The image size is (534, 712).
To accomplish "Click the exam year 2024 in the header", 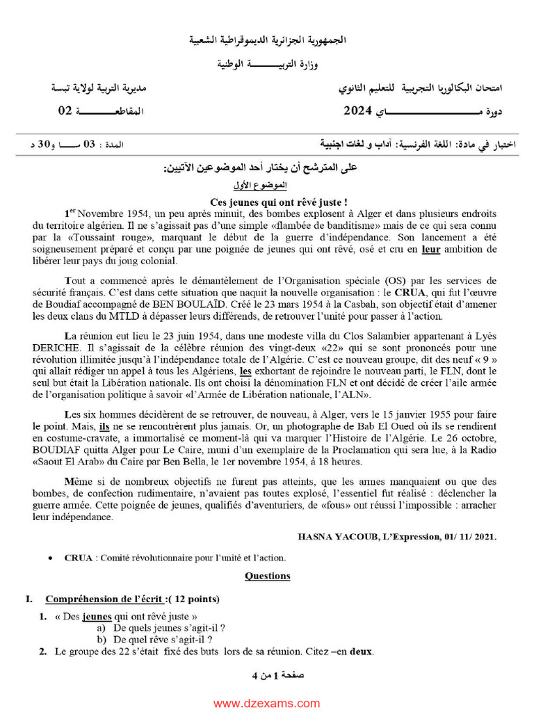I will [x=359, y=111].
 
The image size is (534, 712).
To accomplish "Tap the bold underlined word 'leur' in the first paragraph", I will [x=432, y=248].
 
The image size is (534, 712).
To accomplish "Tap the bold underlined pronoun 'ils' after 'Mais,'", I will [x=105, y=426].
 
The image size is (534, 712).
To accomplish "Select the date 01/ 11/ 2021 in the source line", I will [x=471, y=537].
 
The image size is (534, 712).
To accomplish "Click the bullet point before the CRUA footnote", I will [x=51, y=558].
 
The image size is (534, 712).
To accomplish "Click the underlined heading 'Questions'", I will [x=268, y=576].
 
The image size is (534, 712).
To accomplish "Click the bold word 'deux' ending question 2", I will [x=361, y=652].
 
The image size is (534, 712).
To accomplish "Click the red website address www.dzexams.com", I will [x=267, y=704].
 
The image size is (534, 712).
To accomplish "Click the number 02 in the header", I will [x=65, y=111].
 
